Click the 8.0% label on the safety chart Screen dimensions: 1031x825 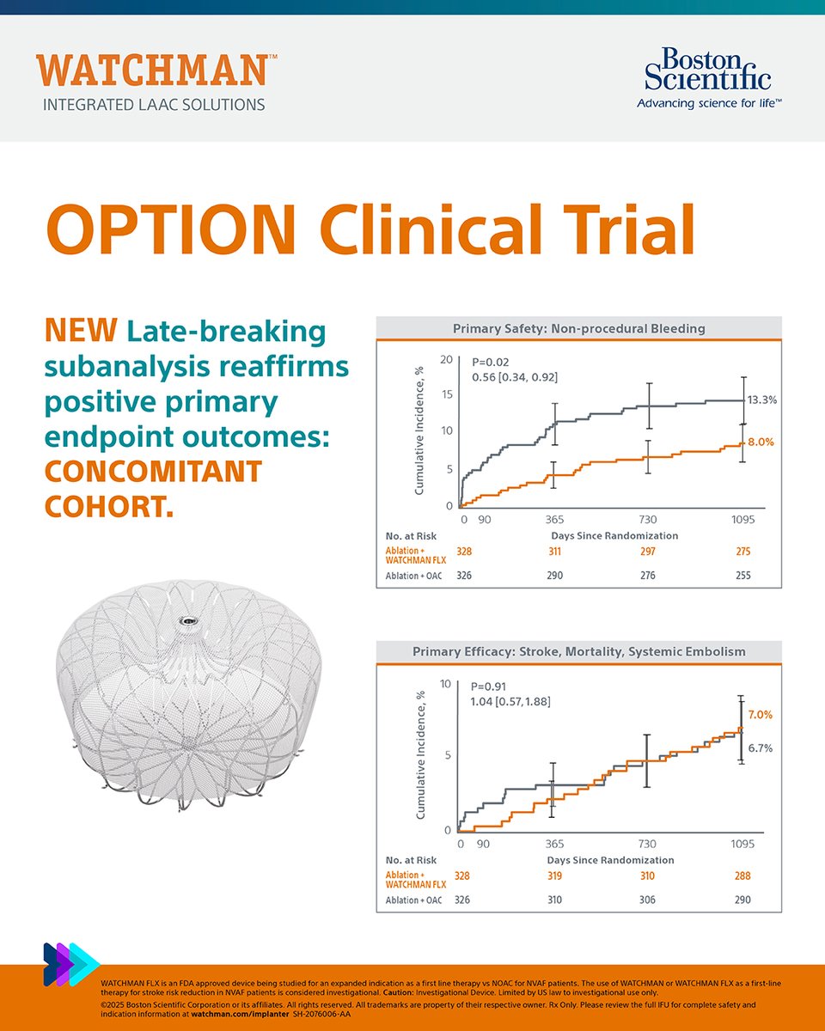click(x=761, y=442)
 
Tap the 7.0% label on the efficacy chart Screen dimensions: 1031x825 click(x=760, y=715)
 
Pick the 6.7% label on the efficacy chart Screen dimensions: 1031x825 click(x=760, y=748)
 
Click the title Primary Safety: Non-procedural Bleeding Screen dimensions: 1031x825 click(x=578, y=327)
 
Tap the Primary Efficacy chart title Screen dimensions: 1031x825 click(x=578, y=652)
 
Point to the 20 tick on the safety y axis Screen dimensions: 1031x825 click(x=446, y=359)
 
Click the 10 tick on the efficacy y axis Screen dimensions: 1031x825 click(x=446, y=684)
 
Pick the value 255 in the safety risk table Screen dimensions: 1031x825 click(x=742, y=575)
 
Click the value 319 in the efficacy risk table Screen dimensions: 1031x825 click(x=555, y=876)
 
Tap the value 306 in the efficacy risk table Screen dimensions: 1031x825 click(x=648, y=900)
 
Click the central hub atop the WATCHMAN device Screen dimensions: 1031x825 click(x=186, y=620)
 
